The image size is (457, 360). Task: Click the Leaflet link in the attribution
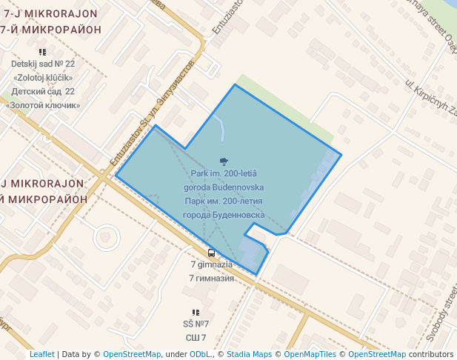[41, 354]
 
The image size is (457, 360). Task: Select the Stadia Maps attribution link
[248, 354]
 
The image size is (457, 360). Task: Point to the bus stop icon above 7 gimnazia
[212, 253]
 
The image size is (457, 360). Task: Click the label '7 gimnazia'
[212, 264]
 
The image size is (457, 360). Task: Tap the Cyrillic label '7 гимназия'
[212, 278]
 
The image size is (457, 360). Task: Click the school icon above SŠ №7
[196, 313]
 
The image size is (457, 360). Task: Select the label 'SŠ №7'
[196, 324]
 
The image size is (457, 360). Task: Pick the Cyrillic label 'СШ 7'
[196, 338]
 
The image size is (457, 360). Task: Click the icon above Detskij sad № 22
[42, 52]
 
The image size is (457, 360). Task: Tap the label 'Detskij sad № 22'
[43, 64]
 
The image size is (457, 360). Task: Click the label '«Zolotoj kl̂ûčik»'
[43, 77]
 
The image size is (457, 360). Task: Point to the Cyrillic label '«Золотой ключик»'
[43, 104]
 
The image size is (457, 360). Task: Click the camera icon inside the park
[224, 161]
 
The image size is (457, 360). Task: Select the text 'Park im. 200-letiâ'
[224, 173]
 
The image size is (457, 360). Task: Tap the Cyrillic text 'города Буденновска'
[224, 214]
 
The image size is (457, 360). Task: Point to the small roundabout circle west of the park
[107, 239]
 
